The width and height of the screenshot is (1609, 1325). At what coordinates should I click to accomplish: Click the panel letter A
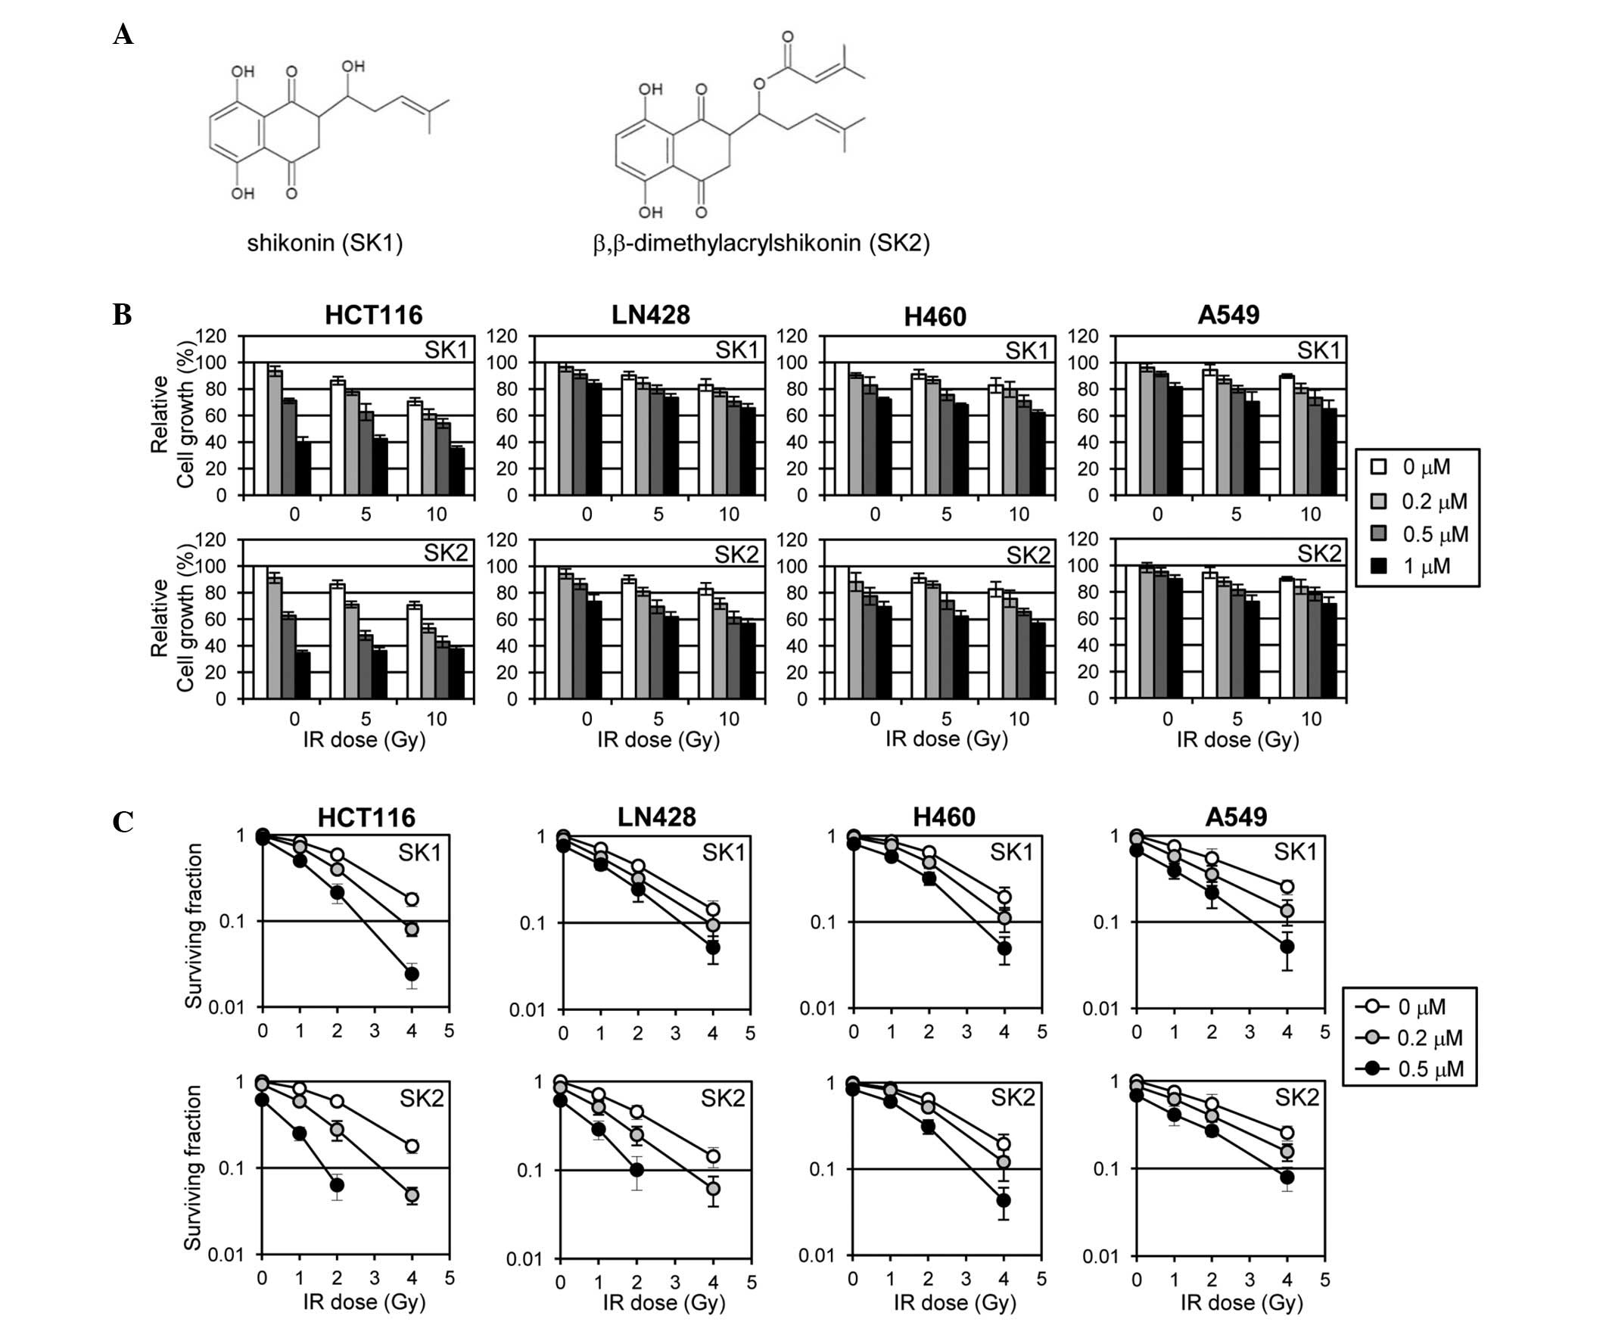point(123,34)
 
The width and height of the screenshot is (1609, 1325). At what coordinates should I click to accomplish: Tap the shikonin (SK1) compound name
point(325,243)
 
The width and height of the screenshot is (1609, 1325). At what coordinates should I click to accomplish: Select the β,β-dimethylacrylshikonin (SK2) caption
point(761,243)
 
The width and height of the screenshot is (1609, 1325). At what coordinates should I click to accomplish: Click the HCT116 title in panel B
point(373,315)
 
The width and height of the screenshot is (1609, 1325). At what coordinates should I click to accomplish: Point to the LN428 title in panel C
point(656,817)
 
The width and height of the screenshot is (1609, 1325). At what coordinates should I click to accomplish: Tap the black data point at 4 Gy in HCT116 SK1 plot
point(412,974)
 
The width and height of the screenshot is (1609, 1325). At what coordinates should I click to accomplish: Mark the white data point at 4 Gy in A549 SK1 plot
point(1287,886)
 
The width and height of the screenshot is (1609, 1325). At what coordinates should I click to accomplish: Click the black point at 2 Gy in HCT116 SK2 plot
point(337,1184)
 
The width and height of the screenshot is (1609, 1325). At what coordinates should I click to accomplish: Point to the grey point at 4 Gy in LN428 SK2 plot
point(713,1188)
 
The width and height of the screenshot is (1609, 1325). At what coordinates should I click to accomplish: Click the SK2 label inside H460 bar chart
point(1027,555)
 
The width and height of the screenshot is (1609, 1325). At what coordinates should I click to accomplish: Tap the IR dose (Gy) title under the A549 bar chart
point(1237,739)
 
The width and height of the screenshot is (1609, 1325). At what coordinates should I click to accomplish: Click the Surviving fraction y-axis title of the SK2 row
point(192,1167)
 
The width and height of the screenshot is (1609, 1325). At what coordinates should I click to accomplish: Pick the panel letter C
point(123,822)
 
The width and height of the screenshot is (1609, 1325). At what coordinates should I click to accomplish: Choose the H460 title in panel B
point(934,316)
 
